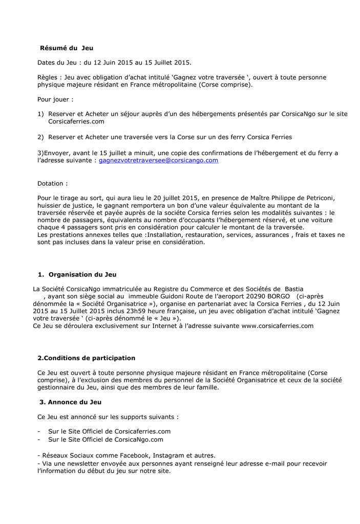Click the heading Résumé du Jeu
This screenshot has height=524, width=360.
tap(67, 48)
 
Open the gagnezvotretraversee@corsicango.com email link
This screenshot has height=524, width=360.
tap(158, 160)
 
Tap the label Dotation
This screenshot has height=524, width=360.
tap(51, 183)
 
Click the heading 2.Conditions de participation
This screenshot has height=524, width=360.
tap(86, 358)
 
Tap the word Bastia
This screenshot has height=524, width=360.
tap(294, 289)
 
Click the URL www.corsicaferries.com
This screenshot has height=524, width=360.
tap(277, 325)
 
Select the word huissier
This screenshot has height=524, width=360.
tap(50, 205)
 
